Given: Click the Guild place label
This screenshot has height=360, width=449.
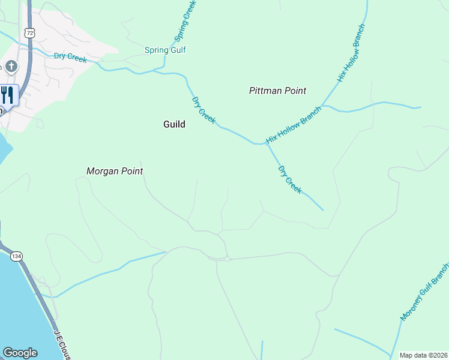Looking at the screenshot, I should click(174, 124).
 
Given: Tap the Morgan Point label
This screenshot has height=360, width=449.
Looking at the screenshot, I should click(115, 171).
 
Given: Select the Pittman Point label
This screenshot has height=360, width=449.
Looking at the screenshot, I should click(277, 91).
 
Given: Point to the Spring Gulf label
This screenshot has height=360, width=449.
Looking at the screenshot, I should click(165, 50).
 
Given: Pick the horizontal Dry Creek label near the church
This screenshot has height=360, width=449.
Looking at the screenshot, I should click(70, 58).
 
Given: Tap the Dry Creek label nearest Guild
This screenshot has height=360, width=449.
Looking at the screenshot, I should click(203, 110).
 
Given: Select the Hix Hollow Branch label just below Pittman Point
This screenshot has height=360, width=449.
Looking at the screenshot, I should click(294, 125).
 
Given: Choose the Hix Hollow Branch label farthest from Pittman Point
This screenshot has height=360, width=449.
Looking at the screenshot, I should click(351, 53).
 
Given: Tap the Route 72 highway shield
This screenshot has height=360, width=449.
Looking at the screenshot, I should click(29, 34).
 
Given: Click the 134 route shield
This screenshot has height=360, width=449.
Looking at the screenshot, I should click(16, 256).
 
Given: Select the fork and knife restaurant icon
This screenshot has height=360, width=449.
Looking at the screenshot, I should click(7, 95).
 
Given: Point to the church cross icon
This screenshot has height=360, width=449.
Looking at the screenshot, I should click(11, 66).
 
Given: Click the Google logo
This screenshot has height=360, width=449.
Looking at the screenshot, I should click(20, 353).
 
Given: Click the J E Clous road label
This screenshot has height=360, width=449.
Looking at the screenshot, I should click(62, 344).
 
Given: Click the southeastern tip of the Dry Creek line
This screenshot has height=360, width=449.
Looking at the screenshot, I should click(323, 210).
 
